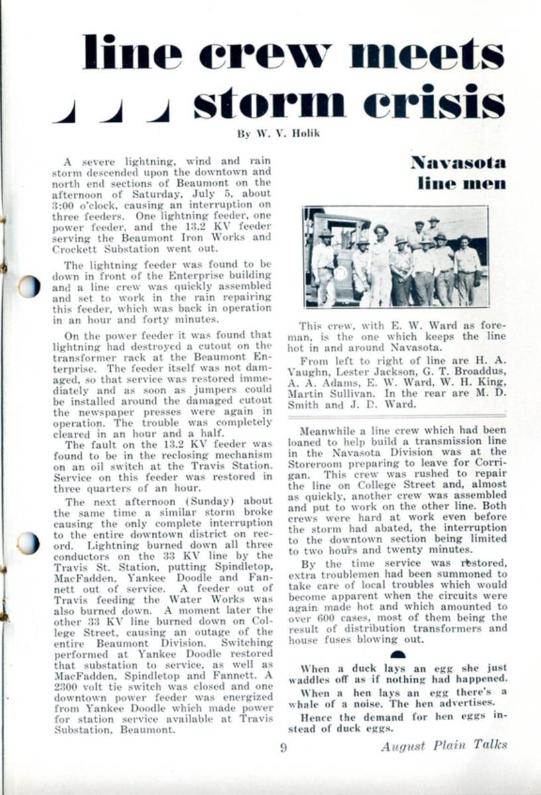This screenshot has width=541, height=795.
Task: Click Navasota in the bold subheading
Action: (458, 162)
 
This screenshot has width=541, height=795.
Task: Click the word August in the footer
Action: (404, 746)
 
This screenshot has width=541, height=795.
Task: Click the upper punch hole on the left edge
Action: (28, 286)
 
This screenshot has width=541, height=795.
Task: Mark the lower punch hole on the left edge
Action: (28, 543)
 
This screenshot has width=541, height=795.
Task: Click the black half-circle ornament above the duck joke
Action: (398, 655)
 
